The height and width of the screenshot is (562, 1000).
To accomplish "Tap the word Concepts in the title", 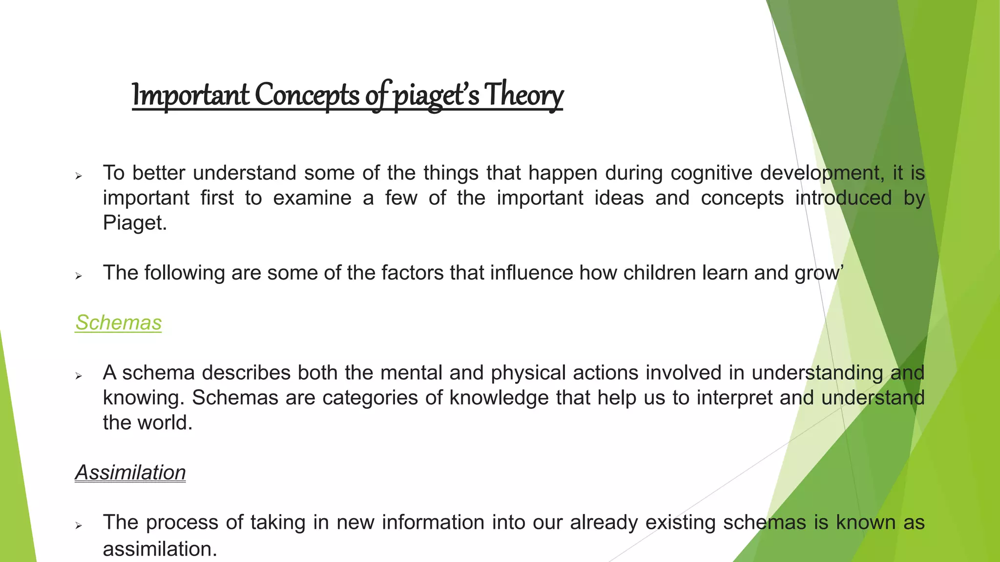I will (307, 95).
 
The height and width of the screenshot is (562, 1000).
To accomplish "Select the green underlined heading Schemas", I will (118, 322).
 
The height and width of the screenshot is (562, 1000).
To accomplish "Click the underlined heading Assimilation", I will (130, 472).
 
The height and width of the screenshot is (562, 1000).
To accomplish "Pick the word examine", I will (312, 198).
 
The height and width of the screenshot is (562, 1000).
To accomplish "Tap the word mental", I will (412, 373).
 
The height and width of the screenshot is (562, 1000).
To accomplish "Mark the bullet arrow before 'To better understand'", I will (79, 176).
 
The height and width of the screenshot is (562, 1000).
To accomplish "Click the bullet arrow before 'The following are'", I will (79, 276).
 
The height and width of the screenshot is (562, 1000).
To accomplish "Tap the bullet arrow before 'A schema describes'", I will (79, 376).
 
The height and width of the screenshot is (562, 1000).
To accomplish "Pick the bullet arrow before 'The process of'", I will (79, 525).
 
